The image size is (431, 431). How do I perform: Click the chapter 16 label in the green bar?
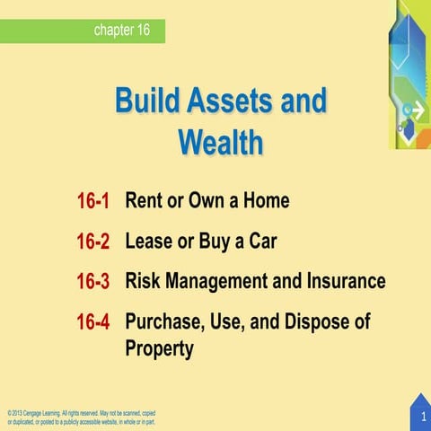[121, 31]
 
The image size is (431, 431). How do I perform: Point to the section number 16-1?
[92, 201]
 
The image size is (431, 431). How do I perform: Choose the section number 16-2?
[92, 242]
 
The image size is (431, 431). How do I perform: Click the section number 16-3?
[92, 282]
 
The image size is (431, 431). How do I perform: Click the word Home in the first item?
[265, 200]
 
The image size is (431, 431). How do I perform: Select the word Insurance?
[345, 281]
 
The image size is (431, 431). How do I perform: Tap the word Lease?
[148, 241]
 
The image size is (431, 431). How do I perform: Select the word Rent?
[145, 200]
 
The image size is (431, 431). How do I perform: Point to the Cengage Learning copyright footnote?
[81, 417]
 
